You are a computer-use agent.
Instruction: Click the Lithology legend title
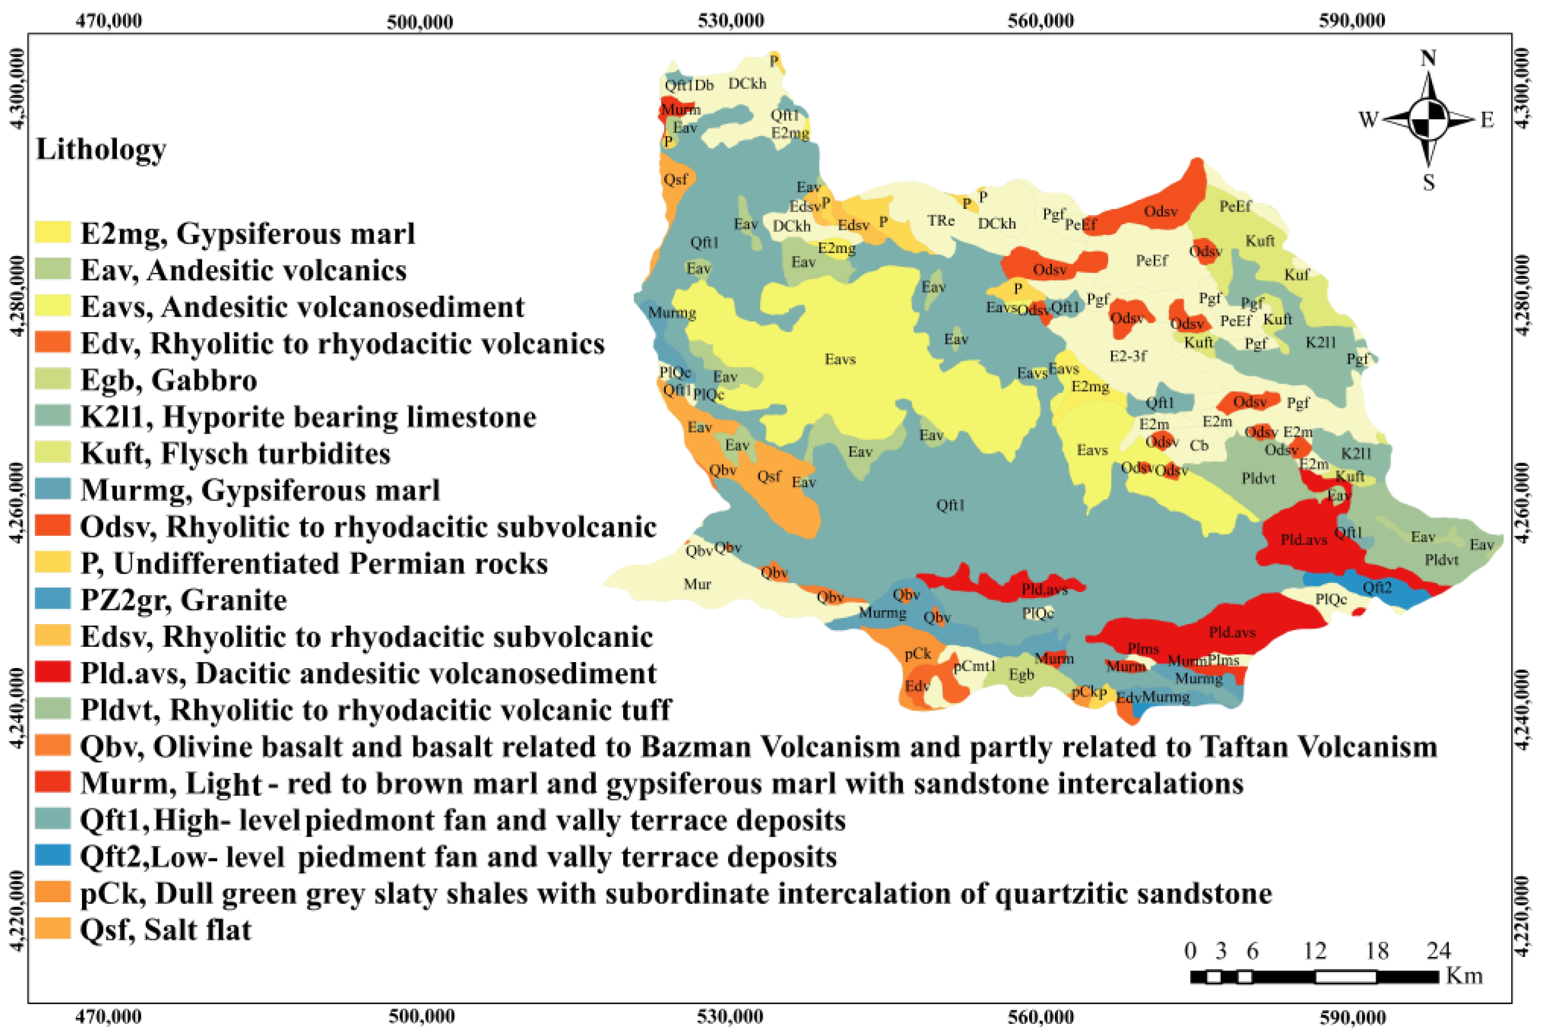[x=101, y=150]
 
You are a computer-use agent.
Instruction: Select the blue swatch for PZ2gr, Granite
[x=52, y=599]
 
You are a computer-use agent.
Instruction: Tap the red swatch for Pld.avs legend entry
[x=52, y=672]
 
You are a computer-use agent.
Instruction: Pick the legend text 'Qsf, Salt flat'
[x=166, y=929]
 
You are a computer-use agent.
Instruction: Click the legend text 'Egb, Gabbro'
[x=169, y=380]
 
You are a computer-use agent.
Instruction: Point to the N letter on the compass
[x=1428, y=59]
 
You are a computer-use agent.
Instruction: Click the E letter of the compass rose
[x=1487, y=120]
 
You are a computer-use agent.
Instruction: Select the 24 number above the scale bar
[x=1438, y=950]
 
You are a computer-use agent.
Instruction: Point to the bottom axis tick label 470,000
[x=108, y=1016]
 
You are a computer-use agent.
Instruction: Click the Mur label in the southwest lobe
[x=697, y=584]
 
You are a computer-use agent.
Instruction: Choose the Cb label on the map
[x=1199, y=445]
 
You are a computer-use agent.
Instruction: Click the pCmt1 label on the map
[x=974, y=666]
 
